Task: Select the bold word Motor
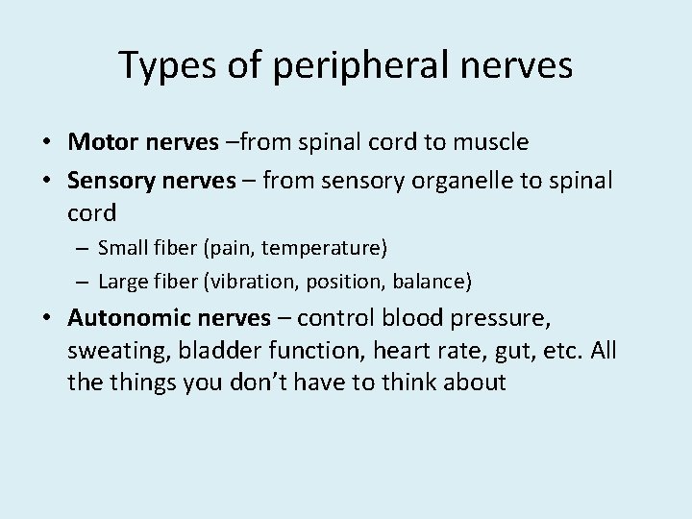coord(103,143)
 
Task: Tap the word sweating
coord(109,352)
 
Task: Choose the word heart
coord(369,351)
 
